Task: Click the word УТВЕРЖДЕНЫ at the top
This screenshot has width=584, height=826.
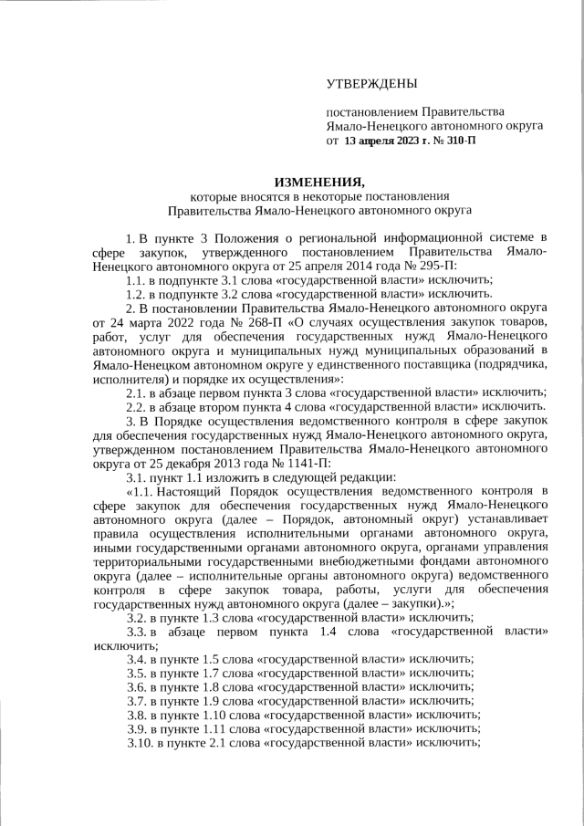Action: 371,84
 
